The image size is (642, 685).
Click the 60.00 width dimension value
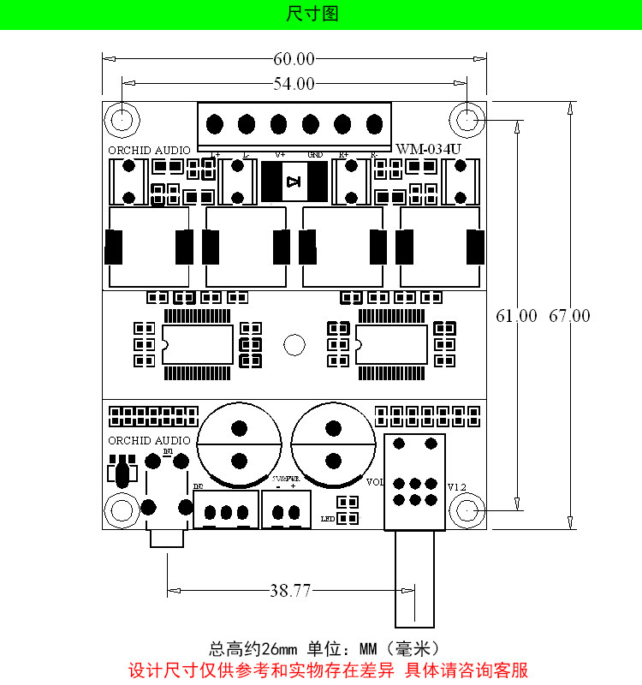(294, 59)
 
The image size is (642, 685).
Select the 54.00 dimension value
(294, 83)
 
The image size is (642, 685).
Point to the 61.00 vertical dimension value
(516, 316)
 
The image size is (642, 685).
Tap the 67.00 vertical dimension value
(569, 316)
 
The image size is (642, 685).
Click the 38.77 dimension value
(290, 590)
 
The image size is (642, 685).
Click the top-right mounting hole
(467, 118)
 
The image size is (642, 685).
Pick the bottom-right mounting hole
(467, 511)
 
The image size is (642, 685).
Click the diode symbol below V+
(294, 181)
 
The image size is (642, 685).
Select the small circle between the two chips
(294, 344)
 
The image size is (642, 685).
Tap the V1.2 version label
(457, 487)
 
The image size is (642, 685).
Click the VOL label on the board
(375, 482)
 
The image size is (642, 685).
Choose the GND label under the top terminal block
(315, 155)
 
